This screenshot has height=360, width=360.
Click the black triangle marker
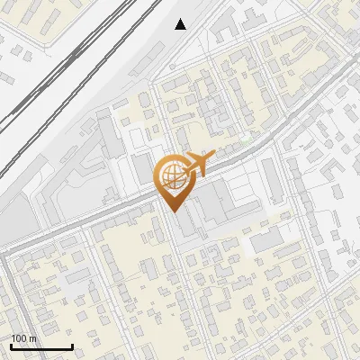181,24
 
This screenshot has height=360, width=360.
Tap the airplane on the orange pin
200,164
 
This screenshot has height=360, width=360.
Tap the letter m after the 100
33,338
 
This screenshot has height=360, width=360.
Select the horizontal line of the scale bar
41,346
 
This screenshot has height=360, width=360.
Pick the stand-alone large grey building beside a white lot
267,239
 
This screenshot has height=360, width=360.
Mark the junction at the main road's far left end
4,255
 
